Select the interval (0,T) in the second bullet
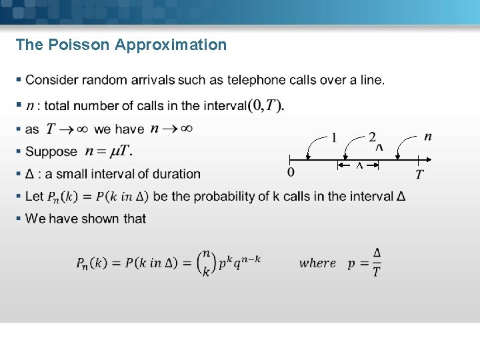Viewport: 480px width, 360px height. [x=266, y=105]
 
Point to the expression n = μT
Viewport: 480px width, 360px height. [x=108, y=151]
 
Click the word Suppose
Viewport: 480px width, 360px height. [x=51, y=151]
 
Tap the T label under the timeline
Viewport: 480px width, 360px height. [x=419, y=175]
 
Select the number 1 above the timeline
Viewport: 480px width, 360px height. [x=334, y=138]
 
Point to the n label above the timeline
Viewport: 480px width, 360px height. [x=427, y=137]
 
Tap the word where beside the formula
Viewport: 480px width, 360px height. [x=317, y=263]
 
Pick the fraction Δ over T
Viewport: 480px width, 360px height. [x=377, y=263]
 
